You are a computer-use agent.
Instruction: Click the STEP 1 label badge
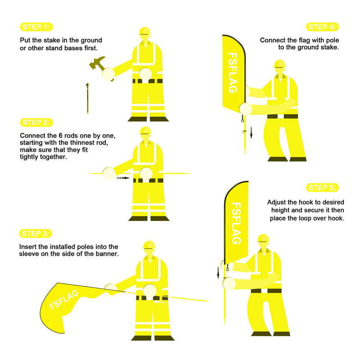(x=36, y=27)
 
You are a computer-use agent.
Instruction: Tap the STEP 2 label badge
(x=36, y=122)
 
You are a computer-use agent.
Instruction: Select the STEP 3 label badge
(x=36, y=234)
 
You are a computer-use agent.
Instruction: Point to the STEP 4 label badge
(x=322, y=27)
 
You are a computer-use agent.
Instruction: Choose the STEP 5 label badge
(x=322, y=188)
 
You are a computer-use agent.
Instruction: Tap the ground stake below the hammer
(x=87, y=99)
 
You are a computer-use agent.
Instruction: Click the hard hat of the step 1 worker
(x=144, y=31)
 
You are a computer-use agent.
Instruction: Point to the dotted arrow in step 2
(x=123, y=178)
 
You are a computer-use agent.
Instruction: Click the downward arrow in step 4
(x=251, y=133)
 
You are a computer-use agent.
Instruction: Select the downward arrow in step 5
(x=218, y=273)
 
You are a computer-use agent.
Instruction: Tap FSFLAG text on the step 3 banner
(x=64, y=300)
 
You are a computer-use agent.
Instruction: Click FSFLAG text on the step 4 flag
(x=233, y=73)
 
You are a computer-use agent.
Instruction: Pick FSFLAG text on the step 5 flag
(x=236, y=223)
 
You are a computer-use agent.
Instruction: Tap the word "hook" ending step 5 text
(x=336, y=218)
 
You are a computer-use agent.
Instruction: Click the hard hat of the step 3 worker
(x=149, y=245)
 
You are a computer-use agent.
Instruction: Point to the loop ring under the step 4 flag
(x=243, y=121)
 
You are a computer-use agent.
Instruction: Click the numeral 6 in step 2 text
(x=60, y=136)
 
